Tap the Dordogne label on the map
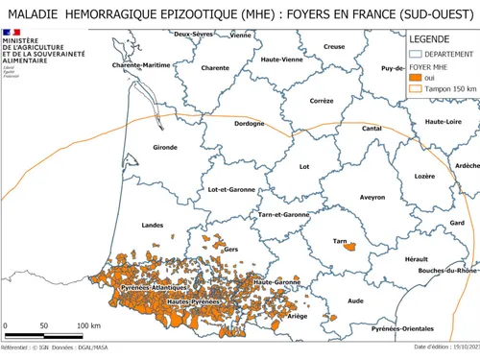click(248, 124)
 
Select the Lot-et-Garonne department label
click(231, 189)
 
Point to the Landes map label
click(152, 225)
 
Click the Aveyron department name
click(345, 197)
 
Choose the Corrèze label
click(322, 100)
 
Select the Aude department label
click(355, 300)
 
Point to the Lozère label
click(397, 176)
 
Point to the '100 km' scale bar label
click(88, 326)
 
